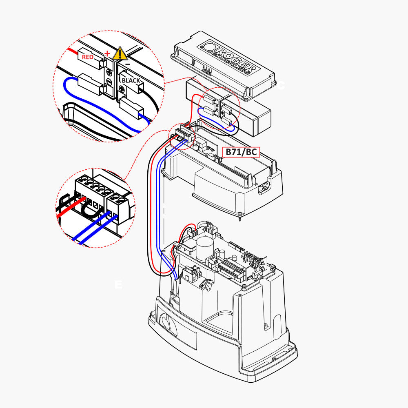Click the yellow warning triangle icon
pyautogui.click(x=120, y=54)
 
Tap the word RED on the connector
pyautogui.click(x=88, y=57)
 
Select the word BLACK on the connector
pyautogui.click(x=131, y=80)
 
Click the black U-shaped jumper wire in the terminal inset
pyautogui.click(x=91, y=210)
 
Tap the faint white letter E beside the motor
pyautogui.click(x=118, y=284)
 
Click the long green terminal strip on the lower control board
pyautogui.click(x=231, y=267)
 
